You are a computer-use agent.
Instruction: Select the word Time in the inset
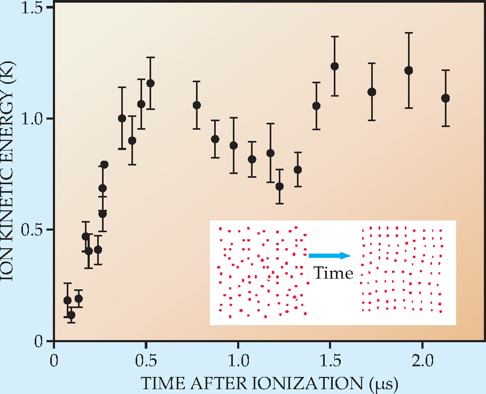click(x=333, y=273)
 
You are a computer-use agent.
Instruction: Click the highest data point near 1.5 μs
click(x=335, y=66)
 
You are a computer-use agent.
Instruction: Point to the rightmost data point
click(x=445, y=98)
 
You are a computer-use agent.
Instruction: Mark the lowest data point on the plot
click(x=71, y=315)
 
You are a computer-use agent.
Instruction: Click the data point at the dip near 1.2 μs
click(x=279, y=186)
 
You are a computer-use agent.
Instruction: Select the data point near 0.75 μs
click(x=197, y=105)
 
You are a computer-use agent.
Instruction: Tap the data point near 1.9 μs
click(x=409, y=70)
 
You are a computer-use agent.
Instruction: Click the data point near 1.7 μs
click(x=372, y=92)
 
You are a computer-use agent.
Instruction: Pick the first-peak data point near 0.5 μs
click(x=151, y=83)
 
